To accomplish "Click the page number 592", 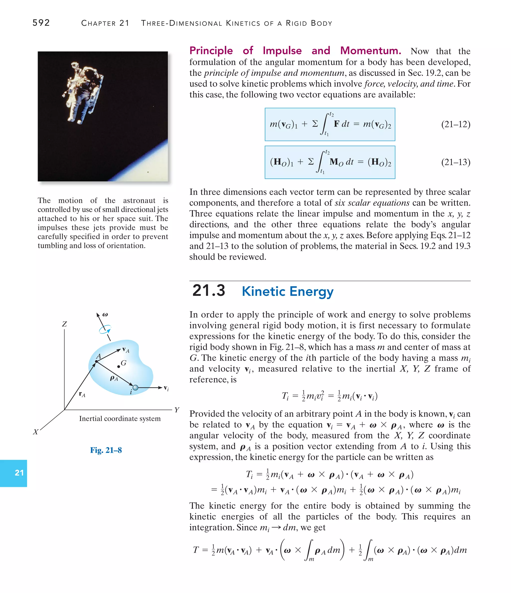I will point(41,23).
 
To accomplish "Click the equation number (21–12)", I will point(455,124).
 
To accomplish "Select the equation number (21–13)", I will point(455,162).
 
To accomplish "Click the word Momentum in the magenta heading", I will point(371,51).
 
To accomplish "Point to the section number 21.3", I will point(209,290).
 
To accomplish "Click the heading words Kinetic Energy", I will point(287,291).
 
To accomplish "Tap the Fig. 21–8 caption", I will point(106,450).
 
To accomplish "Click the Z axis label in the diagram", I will point(64,324).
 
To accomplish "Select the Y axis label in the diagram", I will point(177,410).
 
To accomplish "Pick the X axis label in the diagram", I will point(35,432).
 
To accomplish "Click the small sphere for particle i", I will point(135,387).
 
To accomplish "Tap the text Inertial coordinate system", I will point(120,419).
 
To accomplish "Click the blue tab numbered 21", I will point(14,473).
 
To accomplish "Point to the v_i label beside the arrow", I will point(166,388).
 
